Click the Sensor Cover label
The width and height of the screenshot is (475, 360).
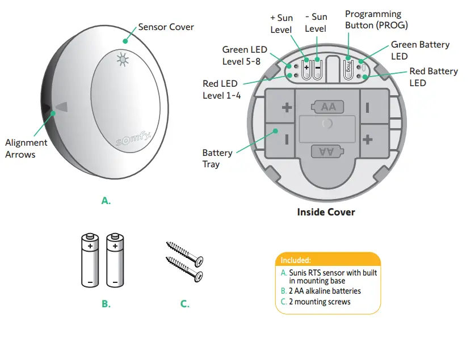coord(166,27)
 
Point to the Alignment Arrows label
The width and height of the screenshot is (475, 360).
coord(26,149)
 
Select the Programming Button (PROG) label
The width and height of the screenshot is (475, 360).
coord(376,19)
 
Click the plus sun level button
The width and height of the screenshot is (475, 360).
coord(306,66)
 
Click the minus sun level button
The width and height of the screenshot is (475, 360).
coord(317,66)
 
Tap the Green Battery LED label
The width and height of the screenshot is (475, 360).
coord(420,50)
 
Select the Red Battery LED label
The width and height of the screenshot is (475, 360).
coord(434,77)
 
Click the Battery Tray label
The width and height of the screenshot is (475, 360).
coord(217,158)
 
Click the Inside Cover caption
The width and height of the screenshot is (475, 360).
coord(326,212)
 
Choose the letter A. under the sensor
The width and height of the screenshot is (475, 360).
coord(106,200)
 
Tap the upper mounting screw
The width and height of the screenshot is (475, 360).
coord(184,253)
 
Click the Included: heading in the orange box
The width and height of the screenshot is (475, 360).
coord(296,260)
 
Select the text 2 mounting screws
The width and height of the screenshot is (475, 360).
coord(320,302)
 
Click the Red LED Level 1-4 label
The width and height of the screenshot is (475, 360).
coord(221,90)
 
